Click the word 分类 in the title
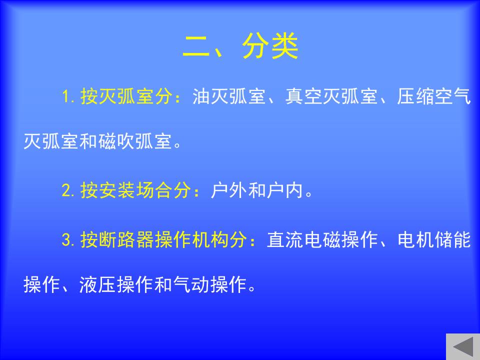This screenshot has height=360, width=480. click(x=270, y=46)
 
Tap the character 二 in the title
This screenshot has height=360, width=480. click(x=196, y=46)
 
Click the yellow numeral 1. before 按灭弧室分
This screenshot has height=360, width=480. click(x=68, y=96)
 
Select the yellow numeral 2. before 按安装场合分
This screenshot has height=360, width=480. click(x=68, y=190)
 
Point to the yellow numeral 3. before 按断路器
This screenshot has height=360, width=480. click(x=68, y=239)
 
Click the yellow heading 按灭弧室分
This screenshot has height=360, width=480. click(x=126, y=96)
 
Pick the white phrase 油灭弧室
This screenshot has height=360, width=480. click(x=229, y=96)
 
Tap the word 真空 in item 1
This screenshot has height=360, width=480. click(x=304, y=96)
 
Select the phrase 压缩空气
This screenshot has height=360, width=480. click(x=434, y=96)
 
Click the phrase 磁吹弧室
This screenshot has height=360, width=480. click(x=135, y=141)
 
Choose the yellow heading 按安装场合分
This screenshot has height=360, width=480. click(x=135, y=190)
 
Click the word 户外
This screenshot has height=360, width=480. click(x=229, y=190)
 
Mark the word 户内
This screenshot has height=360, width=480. click(x=284, y=190)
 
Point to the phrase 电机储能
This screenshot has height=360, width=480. click(x=434, y=239)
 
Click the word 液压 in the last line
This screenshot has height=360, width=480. click(x=98, y=284)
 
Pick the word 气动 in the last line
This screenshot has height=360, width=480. click(x=191, y=284)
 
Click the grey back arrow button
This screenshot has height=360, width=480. click(x=463, y=347)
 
